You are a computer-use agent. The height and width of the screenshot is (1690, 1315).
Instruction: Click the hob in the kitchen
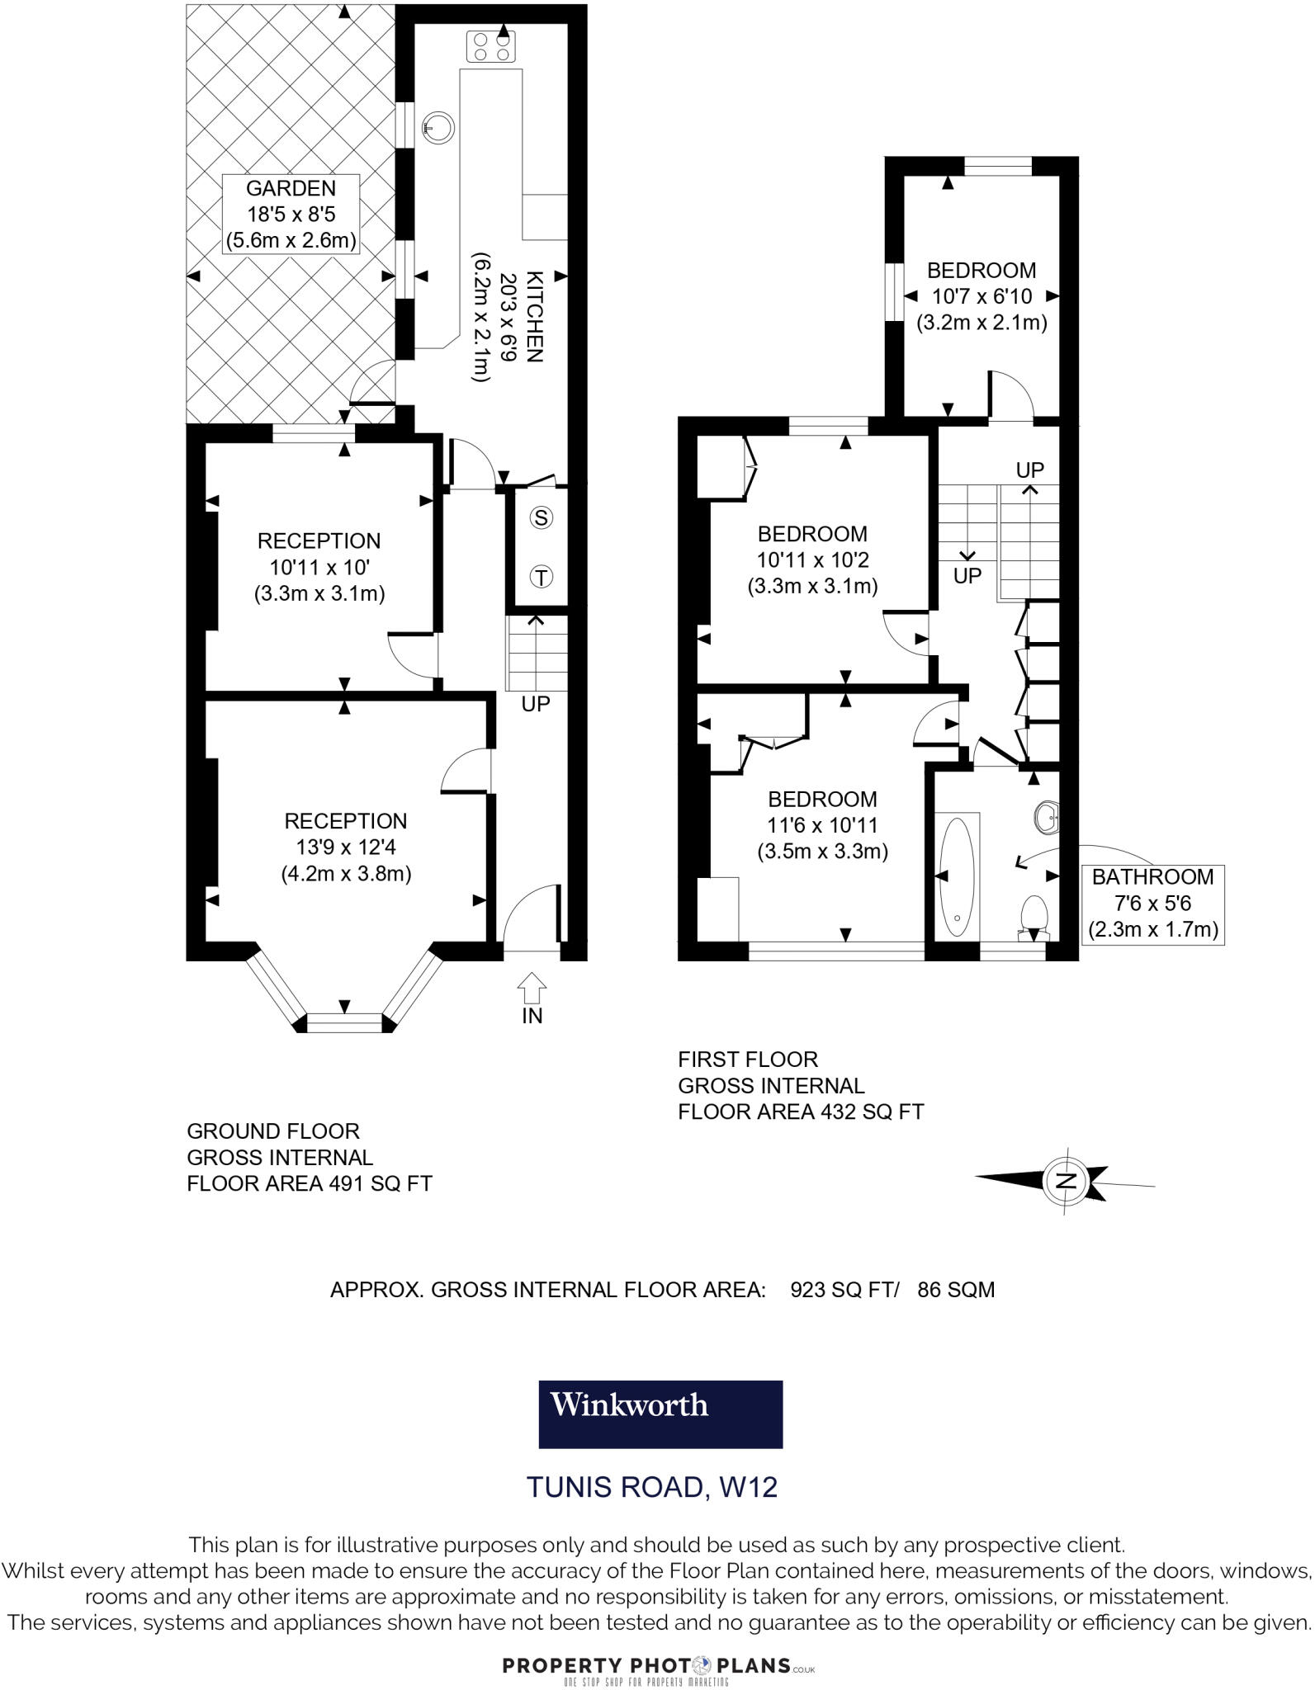pyautogui.click(x=490, y=46)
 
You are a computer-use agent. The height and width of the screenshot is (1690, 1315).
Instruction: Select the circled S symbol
pyautogui.click(x=541, y=518)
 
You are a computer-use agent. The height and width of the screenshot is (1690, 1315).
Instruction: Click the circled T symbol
pyautogui.click(x=541, y=577)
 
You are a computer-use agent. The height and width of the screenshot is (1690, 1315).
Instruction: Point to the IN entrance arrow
pyautogui.click(x=532, y=988)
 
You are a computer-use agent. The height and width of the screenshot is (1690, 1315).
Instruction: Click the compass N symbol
pyautogui.click(x=1066, y=1180)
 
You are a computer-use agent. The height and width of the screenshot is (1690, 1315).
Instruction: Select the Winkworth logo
pyautogui.click(x=660, y=1414)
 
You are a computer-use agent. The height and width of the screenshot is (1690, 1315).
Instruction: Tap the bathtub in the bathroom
pyautogui.click(x=957, y=876)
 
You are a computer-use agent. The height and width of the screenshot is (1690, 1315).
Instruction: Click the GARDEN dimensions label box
pyautogui.click(x=291, y=215)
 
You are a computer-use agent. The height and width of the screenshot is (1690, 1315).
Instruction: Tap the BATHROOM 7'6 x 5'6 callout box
pyautogui.click(x=1152, y=904)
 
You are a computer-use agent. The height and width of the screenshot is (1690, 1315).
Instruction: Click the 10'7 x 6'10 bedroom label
pyautogui.click(x=982, y=296)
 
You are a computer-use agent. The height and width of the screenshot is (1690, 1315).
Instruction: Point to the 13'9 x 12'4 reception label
pyautogui.click(x=346, y=847)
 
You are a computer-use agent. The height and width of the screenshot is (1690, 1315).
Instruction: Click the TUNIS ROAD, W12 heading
pyautogui.click(x=652, y=1487)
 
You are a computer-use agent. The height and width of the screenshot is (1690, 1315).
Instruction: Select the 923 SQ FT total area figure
pyautogui.click(x=842, y=1290)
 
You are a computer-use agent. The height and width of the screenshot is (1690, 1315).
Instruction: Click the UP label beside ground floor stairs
pyautogui.click(x=535, y=704)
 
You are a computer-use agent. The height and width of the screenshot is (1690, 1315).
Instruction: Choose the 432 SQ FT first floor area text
pyautogui.click(x=872, y=1112)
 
